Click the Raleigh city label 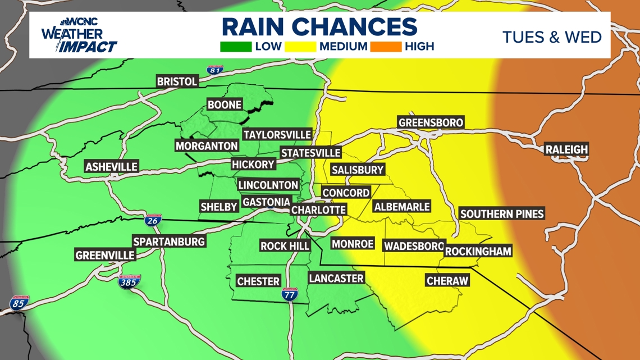pos(566,149)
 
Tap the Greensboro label pos(431,122)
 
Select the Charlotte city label pos(318,209)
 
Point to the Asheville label pos(111,167)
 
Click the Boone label pos(224,104)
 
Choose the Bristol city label pos(177,81)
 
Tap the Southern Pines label pos(501,213)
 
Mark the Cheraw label pos(447,280)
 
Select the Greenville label pos(105,255)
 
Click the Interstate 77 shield pos(290,293)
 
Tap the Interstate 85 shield pos(19,303)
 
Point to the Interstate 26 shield pos(153,220)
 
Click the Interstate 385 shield pos(130,281)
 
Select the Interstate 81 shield pos(214,70)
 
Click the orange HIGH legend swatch pos(385,47)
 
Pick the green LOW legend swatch pos(236,47)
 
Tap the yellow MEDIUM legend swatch pos(300,47)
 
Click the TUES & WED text pos(552,37)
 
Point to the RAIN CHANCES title pos(319,26)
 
